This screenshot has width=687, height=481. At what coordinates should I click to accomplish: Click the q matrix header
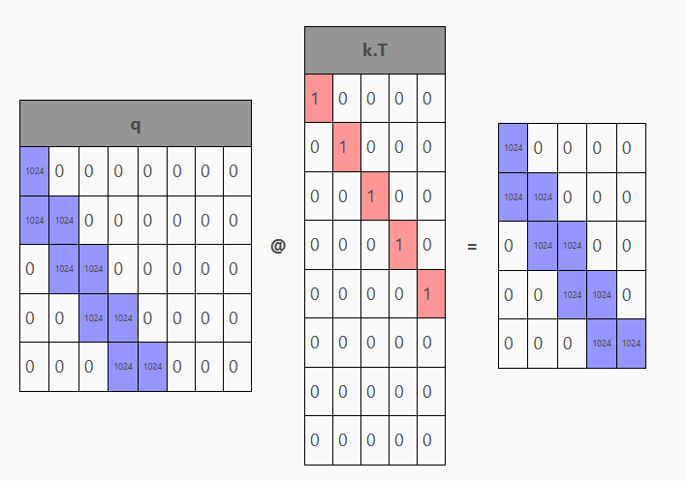136,124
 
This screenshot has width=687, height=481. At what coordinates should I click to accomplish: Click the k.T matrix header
375,50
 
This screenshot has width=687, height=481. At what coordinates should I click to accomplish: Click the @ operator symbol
278,246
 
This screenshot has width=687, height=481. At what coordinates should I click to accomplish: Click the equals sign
472,247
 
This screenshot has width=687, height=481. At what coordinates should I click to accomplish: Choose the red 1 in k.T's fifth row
431,293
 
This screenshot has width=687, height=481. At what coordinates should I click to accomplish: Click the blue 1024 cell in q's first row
34,171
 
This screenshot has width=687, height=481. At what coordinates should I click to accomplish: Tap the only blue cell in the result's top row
514,148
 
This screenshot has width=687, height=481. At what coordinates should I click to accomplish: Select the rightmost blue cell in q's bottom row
152,367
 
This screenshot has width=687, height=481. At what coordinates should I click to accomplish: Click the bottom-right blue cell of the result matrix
631,344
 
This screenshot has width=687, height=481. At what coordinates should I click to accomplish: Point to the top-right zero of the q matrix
236,171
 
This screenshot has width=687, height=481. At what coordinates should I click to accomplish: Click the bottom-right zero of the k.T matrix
431,440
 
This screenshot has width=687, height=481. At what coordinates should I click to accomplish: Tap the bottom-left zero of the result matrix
514,344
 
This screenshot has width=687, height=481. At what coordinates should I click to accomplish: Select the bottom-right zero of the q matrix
236,367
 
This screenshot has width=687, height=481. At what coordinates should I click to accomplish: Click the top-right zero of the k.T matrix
431,98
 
